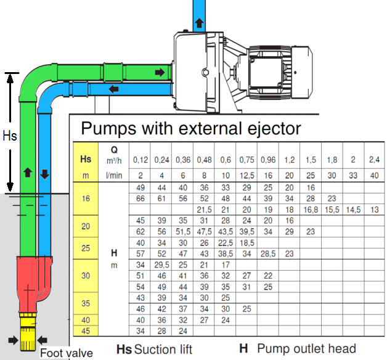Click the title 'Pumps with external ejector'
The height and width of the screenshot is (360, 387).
point(191,128)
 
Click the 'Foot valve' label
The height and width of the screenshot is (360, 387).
point(66,353)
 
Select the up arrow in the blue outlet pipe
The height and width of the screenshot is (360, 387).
point(199,23)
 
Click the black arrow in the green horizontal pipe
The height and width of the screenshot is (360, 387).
point(160,73)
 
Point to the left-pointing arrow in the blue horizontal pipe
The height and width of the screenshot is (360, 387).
point(113,89)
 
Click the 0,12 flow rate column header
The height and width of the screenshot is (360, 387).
point(141,160)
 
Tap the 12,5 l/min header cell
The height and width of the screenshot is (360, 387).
point(246,176)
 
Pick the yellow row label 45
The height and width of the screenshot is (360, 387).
point(86,331)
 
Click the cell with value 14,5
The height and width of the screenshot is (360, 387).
point(352,210)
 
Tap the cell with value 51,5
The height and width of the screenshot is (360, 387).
point(182,232)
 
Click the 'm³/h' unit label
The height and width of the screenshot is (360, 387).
point(114,160)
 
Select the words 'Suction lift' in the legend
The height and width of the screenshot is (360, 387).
point(163,350)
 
